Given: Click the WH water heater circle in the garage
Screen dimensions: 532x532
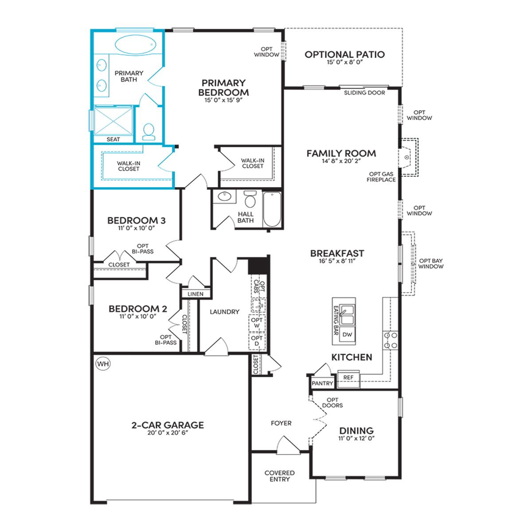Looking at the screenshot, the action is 103,364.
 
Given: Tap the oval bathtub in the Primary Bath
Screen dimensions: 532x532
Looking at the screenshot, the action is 136,44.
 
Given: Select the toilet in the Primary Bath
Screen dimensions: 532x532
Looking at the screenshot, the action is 149,131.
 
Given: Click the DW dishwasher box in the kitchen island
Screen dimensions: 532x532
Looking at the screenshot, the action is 347,334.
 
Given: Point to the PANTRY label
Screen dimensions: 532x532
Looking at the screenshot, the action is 322,383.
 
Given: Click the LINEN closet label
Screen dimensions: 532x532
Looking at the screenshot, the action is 196,294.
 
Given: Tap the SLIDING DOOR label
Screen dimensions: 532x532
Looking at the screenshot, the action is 364,93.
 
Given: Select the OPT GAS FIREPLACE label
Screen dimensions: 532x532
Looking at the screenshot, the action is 381,177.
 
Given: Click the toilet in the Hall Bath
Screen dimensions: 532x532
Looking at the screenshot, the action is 250,199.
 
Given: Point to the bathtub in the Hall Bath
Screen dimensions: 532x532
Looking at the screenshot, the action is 272,209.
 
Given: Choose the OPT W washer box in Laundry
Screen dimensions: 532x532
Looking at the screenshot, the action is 257,323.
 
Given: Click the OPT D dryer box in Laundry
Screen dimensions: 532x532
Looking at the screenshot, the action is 257,341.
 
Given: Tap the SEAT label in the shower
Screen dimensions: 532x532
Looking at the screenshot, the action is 113,139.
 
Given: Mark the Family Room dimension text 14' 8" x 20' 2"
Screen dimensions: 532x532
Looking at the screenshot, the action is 341,161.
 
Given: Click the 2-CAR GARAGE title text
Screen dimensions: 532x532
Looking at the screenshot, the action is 168,425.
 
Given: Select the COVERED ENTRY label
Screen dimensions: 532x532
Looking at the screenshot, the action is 280,476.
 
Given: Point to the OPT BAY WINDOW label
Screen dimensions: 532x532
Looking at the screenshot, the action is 430,263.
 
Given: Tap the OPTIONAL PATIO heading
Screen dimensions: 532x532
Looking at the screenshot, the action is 344,55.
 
